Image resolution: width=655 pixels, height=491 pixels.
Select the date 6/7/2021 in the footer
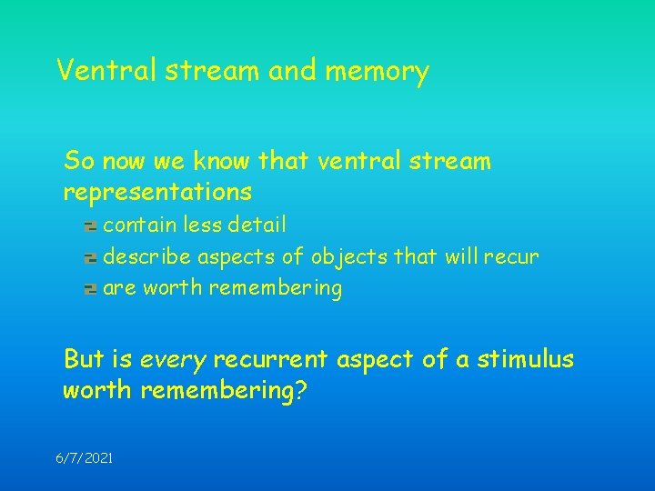click(84, 459)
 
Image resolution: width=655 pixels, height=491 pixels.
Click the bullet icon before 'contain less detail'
click(90, 225)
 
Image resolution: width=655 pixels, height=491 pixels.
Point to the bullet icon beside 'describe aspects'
click(90, 257)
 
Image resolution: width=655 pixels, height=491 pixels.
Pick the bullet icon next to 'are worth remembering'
click(90, 290)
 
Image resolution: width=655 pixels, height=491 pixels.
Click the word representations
click(157, 193)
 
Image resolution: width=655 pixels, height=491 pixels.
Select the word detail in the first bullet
click(258, 224)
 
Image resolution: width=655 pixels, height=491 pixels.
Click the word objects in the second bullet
click(349, 256)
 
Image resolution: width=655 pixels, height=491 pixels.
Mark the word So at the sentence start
click(78, 162)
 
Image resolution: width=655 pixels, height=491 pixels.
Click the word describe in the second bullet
click(148, 256)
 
